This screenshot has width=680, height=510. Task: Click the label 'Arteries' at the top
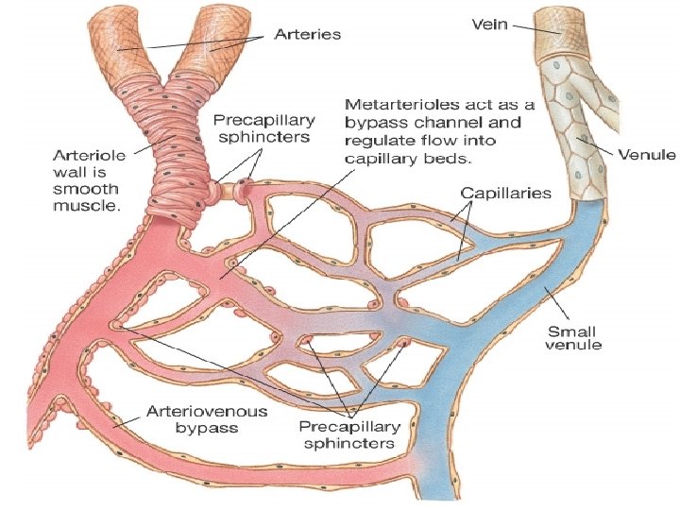[x=307, y=34]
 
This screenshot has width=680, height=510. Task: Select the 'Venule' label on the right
[x=646, y=154]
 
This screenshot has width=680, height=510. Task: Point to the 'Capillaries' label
[x=505, y=193]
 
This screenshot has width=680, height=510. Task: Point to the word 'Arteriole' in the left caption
[x=75, y=154]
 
